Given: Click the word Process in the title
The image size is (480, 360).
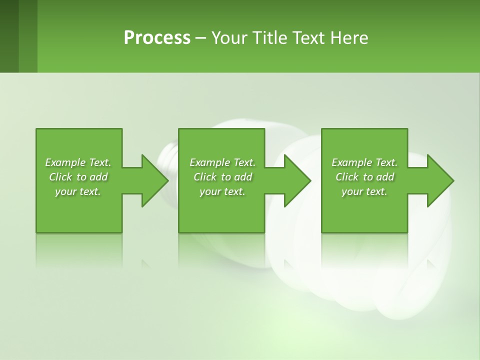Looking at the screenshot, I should click(157, 38).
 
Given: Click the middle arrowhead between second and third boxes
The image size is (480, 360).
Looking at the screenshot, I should click(297, 180).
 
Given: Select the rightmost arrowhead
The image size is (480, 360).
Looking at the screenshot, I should click(440, 180).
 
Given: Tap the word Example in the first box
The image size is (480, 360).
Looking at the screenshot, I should click(65, 162).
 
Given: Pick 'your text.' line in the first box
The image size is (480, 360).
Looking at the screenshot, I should click(78, 191).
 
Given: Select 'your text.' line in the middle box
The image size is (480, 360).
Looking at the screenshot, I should click(222, 191).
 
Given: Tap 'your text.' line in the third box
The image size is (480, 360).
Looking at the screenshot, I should click(364, 191).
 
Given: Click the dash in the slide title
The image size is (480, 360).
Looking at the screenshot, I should click(200, 38).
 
